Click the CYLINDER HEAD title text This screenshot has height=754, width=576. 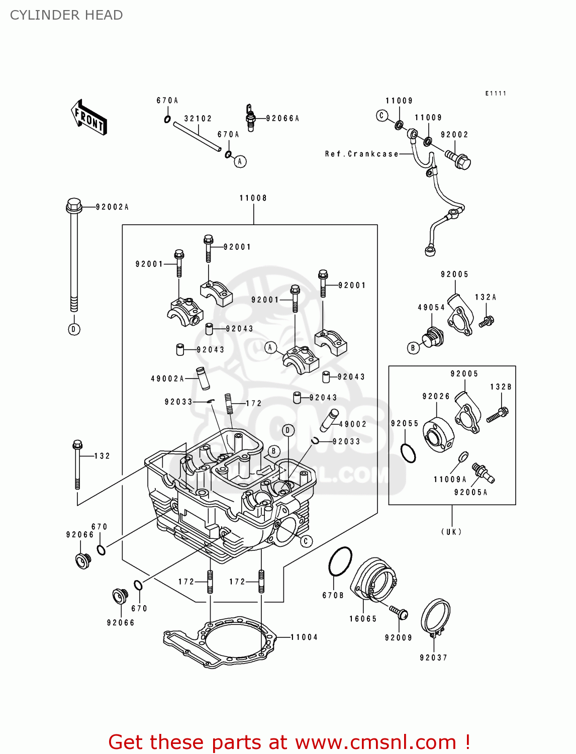click(x=66, y=15)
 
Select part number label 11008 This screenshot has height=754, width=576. click(x=253, y=198)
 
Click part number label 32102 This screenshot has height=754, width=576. click(x=198, y=119)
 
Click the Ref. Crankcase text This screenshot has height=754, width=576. click(x=361, y=154)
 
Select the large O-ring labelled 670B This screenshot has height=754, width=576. click(x=340, y=561)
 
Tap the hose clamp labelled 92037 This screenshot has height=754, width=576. click(x=435, y=617)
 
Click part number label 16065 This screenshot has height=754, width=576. click(x=363, y=619)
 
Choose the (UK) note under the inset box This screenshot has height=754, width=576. click(x=451, y=531)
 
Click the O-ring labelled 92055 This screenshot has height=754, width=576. click(x=409, y=453)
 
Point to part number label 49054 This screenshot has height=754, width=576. click(x=431, y=307)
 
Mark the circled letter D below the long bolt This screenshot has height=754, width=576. click(x=74, y=329)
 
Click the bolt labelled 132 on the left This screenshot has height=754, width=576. click(x=77, y=465)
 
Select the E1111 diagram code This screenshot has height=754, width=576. click(x=496, y=93)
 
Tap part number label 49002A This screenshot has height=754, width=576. click(x=167, y=379)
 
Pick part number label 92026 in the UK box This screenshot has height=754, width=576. click(x=436, y=396)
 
